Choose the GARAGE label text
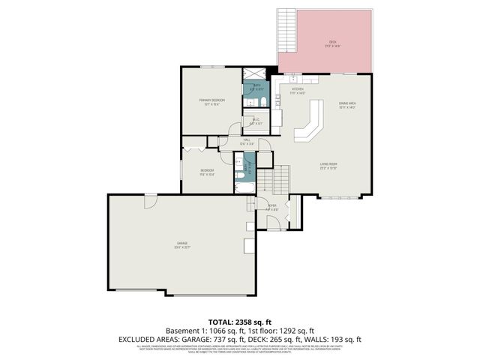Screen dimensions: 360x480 pyautogui.click(x=181, y=244)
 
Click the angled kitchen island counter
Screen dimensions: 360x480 pyautogui.click(x=309, y=124)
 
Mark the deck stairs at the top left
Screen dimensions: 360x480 pyautogui.click(x=286, y=30)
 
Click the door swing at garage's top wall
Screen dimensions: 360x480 pyautogui.click(x=151, y=200)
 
